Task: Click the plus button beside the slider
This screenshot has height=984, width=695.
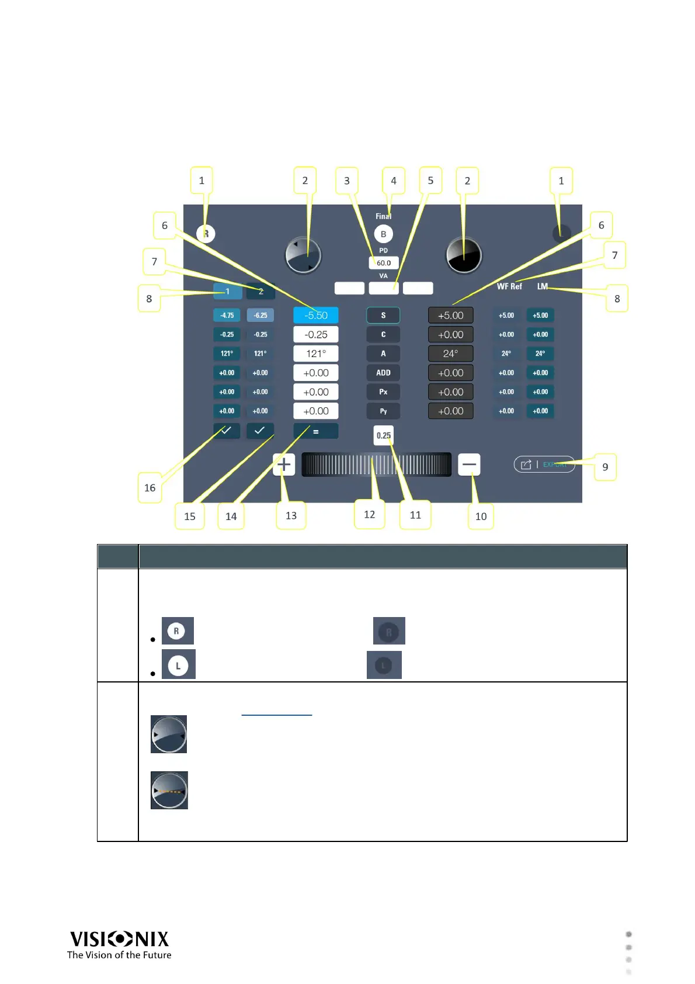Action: coord(284,465)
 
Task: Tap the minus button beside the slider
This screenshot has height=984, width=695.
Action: coord(469,465)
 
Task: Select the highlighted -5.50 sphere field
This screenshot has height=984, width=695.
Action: coord(316,316)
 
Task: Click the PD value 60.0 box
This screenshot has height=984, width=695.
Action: coord(384,263)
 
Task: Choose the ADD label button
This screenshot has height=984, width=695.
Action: coord(383,373)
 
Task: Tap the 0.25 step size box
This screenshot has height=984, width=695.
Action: coord(384,435)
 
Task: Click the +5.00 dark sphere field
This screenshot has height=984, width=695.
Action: coord(451,316)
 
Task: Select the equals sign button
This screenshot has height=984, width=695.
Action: coord(316,431)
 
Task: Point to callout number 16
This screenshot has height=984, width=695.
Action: coord(150,488)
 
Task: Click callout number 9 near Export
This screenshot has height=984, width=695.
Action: coord(605,467)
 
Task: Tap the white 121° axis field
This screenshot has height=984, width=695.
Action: coord(316,354)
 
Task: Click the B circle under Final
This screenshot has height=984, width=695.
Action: coord(384,234)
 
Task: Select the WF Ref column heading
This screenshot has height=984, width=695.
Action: coord(509,286)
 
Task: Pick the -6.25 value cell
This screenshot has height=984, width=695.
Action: coord(260,316)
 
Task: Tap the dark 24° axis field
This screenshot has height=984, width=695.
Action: coord(451,354)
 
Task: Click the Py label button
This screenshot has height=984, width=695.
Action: coord(383,411)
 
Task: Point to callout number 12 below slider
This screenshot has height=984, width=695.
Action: coord(370,515)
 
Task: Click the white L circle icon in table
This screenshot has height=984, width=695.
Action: coord(178,666)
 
